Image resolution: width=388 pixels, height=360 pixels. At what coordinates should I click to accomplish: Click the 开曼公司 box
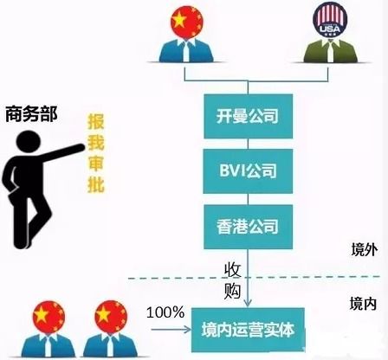point(248,114)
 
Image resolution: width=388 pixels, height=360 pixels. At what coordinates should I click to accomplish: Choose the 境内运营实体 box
point(248,330)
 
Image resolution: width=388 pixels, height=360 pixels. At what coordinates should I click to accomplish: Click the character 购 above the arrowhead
point(232,290)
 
